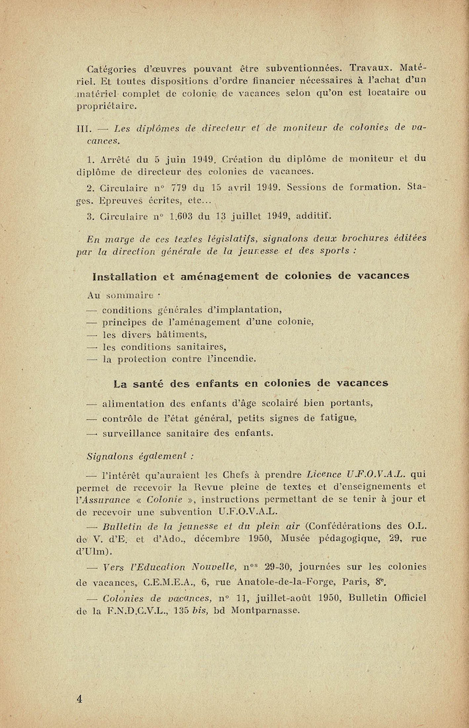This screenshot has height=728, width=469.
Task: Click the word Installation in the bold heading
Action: pos(126,276)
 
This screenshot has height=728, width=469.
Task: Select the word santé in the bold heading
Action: pos(149,383)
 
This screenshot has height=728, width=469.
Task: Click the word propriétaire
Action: pos(107,106)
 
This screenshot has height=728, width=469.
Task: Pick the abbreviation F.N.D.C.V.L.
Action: pos(136,611)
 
